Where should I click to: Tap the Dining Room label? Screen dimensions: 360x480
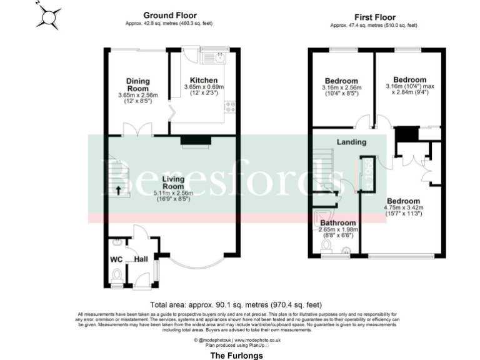[138, 84]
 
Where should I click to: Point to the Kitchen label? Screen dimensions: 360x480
[204, 81]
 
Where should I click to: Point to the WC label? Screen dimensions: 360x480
[116, 259]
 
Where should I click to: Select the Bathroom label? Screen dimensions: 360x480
[338, 222]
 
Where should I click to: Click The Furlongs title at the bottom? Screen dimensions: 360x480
[237, 355]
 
